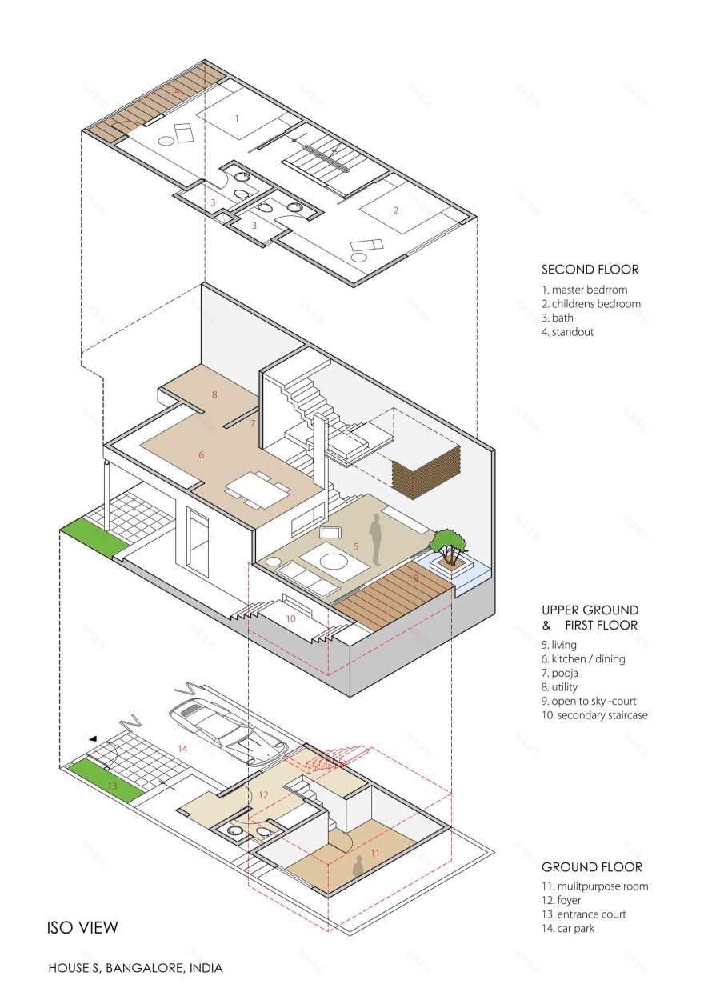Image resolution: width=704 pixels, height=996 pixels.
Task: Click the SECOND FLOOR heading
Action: [590, 270]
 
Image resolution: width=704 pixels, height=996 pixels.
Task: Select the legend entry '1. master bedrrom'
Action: [585, 290]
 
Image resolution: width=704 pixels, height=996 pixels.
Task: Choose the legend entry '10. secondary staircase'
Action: [594, 715]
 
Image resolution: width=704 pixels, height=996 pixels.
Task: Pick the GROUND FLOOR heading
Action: [591, 866]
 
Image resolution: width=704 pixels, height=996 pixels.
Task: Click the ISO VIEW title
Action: [82, 928]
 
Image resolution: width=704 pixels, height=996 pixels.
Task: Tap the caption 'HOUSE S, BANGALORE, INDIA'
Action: [135, 968]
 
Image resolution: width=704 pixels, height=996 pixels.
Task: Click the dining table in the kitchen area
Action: [258, 489]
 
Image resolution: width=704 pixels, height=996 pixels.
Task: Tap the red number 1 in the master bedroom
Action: [237, 118]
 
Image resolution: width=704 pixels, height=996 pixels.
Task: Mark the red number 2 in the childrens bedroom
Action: [395, 211]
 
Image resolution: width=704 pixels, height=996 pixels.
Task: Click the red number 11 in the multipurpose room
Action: [374, 853]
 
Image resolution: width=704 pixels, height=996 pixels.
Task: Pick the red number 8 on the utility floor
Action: [214, 394]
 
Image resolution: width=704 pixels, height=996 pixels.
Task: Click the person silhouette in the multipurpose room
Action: [358, 867]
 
